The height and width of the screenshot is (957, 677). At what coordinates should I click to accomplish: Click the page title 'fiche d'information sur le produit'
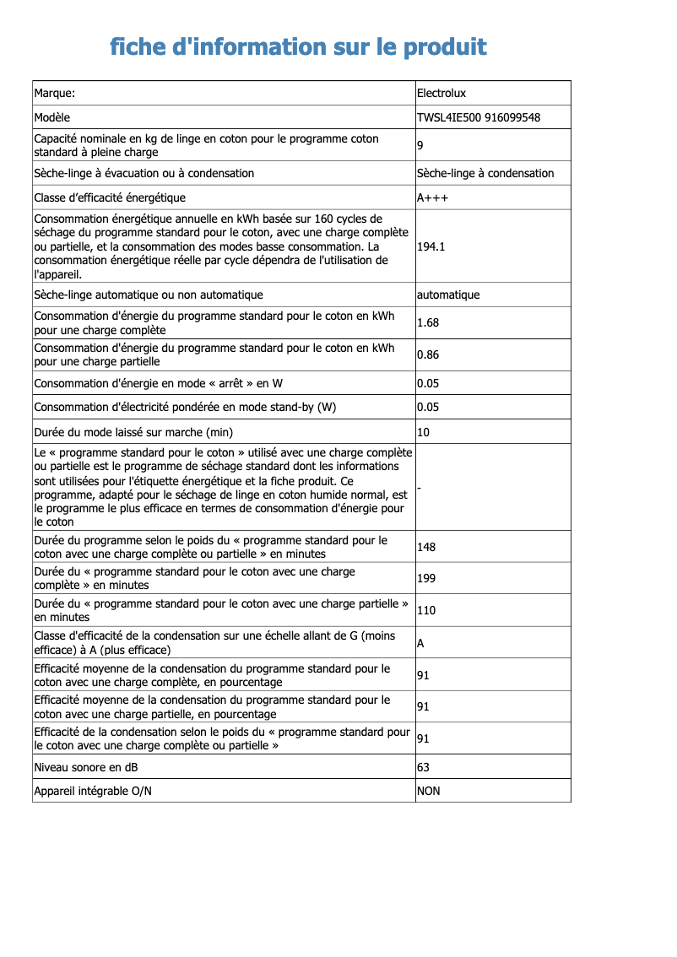click(298, 46)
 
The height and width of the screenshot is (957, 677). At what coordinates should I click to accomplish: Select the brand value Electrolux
click(441, 93)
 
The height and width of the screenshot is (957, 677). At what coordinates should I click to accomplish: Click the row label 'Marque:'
click(55, 93)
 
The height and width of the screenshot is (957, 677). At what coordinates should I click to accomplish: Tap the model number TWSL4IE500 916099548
click(479, 117)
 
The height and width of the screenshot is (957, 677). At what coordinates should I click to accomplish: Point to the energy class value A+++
click(432, 197)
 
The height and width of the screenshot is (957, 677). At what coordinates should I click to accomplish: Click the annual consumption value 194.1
click(431, 247)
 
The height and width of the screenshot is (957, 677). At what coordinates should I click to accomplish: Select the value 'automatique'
click(448, 295)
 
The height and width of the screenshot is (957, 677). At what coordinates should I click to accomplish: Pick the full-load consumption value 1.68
click(428, 322)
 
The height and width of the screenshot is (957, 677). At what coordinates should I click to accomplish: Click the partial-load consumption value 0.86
click(428, 354)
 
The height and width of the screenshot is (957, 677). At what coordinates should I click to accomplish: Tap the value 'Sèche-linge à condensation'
click(485, 173)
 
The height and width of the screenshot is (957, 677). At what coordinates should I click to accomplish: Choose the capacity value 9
click(420, 146)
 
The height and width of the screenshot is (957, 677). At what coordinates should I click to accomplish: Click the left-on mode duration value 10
click(424, 432)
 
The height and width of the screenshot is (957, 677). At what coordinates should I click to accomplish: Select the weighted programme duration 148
click(426, 547)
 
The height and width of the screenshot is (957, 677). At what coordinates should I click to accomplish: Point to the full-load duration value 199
click(426, 578)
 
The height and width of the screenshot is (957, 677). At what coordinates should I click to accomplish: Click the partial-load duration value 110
click(426, 610)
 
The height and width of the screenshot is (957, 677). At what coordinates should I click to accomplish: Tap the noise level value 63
click(424, 767)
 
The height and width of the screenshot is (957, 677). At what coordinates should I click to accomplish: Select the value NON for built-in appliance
click(429, 791)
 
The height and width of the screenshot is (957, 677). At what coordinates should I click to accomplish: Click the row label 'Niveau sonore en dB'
click(86, 767)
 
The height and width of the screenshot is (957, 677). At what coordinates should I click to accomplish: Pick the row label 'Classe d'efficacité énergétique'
click(110, 197)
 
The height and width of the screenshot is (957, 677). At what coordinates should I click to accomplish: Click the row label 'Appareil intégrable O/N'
click(93, 791)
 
